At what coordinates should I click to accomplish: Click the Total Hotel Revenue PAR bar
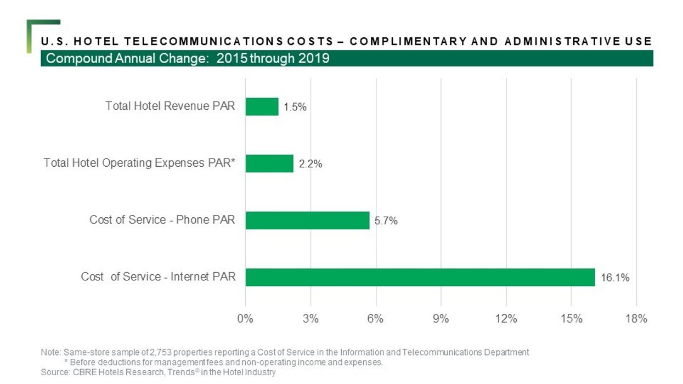262,106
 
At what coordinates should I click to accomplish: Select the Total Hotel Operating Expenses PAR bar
269,163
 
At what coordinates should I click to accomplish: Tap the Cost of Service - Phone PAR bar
307,220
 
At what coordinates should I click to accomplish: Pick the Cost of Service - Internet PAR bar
420,277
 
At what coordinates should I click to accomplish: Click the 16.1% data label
615,278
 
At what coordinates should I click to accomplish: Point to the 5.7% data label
386,221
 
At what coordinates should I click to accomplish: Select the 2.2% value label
310,164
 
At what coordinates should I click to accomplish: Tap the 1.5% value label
295,108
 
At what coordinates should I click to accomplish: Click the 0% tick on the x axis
245,319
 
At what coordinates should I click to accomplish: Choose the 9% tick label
441,319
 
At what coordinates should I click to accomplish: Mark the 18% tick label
636,319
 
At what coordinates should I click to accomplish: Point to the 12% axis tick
506,319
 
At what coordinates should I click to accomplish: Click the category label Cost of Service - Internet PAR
158,276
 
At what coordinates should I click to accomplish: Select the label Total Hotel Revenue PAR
170,106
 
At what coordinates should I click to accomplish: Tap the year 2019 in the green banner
313,58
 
